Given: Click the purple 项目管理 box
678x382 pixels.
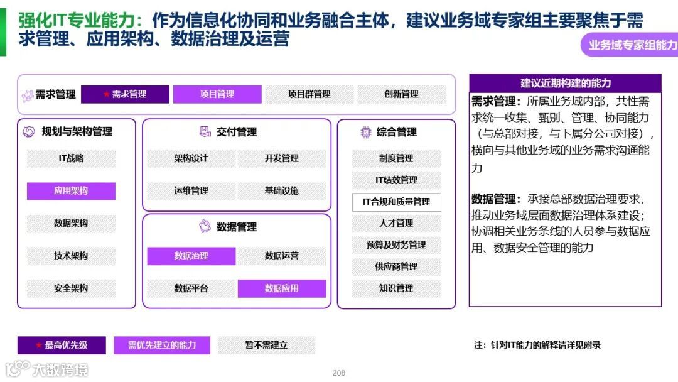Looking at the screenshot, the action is click(217, 94).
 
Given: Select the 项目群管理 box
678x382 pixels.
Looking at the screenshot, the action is click(309, 94).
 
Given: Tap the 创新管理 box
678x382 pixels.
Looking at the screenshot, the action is click(401, 94).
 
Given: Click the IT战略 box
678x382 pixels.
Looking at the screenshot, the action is click(71, 158).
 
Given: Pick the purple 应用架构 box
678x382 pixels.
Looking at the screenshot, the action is click(71, 191).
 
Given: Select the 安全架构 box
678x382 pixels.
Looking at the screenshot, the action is click(71, 288).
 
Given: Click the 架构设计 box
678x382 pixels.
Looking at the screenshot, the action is click(191, 158).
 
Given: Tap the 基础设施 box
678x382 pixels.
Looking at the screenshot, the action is click(282, 191).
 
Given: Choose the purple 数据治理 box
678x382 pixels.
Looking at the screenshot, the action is click(191, 256).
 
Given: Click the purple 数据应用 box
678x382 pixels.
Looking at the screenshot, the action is click(282, 288).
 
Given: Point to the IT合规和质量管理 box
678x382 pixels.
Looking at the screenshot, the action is click(396, 202).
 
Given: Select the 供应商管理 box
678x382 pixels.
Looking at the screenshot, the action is click(396, 266).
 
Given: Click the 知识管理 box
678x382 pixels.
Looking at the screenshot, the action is click(396, 288).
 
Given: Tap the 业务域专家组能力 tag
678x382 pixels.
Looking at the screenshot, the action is click(632, 45).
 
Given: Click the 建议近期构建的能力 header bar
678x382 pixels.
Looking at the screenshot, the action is click(565, 83).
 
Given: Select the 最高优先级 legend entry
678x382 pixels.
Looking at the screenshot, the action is click(62, 345).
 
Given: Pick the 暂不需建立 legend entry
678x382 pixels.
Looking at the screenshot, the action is click(266, 345).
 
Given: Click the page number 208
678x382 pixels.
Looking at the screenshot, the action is click(339, 373).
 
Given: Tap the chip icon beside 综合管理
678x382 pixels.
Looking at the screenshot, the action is click(365, 132).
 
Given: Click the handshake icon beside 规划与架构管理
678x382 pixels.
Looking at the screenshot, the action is click(29, 132).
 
